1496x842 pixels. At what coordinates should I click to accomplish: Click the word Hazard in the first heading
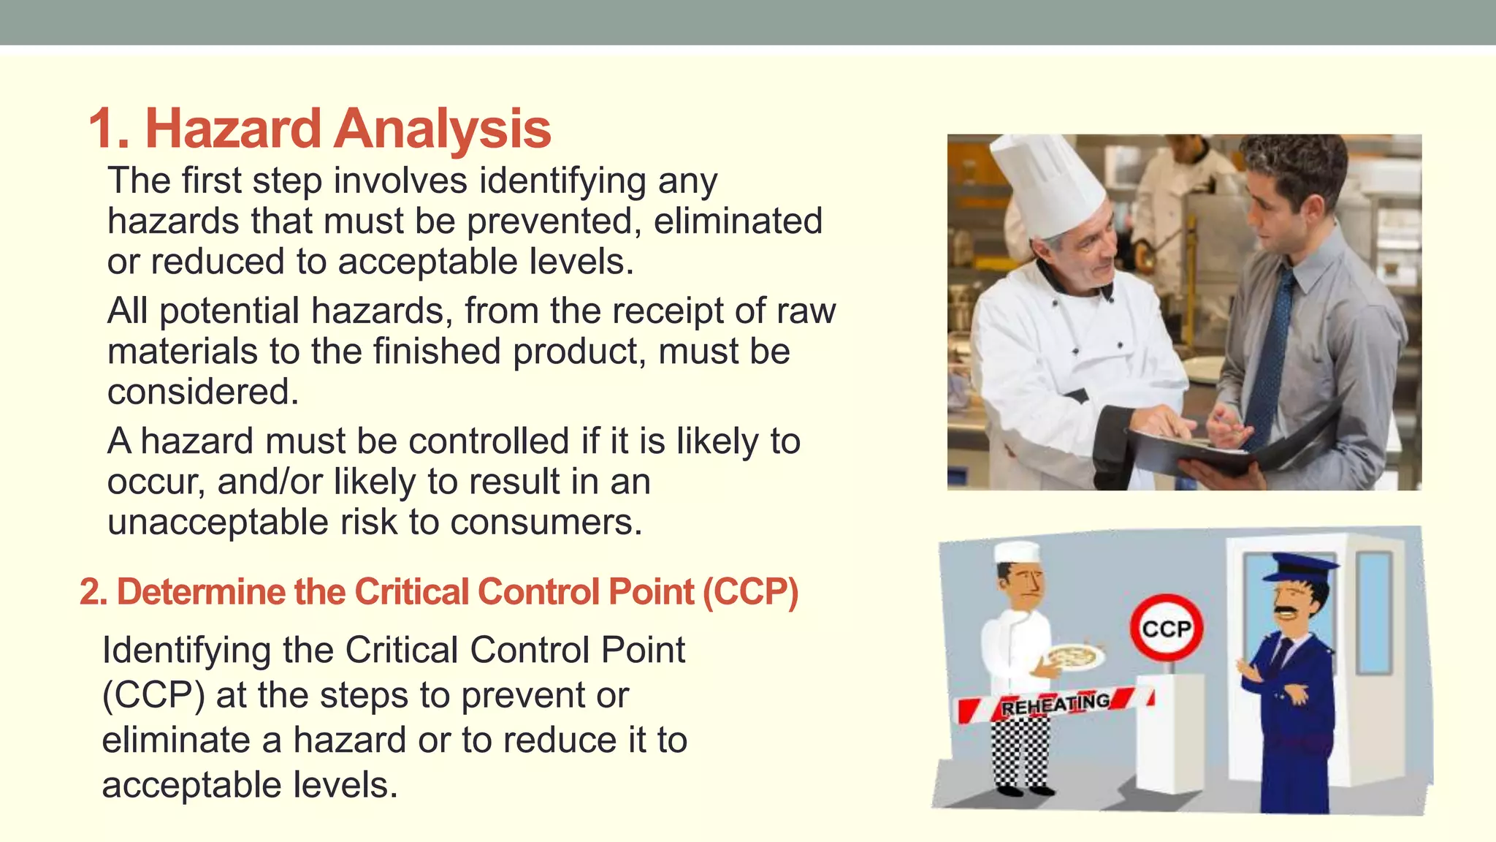point(233,129)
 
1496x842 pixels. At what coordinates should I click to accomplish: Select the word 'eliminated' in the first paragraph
point(738,221)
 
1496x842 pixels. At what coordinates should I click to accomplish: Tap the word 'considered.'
point(203,392)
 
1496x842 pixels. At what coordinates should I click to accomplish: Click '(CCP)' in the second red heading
point(750,591)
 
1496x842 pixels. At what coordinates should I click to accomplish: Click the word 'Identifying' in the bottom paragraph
point(186,650)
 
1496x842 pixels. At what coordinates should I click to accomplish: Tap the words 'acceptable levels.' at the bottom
point(250,785)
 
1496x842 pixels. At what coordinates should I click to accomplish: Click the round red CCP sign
point(1166,628)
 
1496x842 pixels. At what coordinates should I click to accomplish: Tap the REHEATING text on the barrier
point(1055,705)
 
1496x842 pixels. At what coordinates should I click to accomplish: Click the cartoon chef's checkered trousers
point(1019,753)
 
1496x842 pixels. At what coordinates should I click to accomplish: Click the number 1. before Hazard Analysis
point(110,129)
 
